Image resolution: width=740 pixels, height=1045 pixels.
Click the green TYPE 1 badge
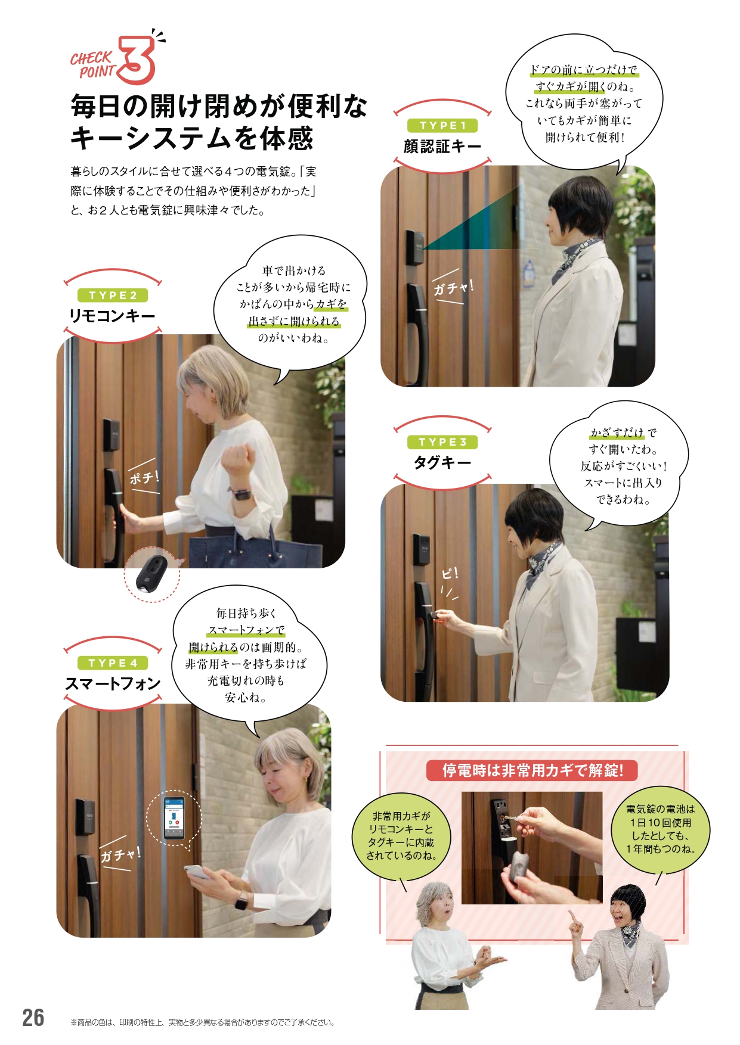tap(442, 126)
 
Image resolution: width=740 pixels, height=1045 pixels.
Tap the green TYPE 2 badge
tap(113, 296)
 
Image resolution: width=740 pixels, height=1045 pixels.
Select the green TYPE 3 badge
tap(442, 442)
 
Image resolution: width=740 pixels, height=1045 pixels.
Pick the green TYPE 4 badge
tap(113, 663)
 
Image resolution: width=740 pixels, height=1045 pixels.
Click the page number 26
tap(33, 1018)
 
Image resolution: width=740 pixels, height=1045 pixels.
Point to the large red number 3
tap(137, 60)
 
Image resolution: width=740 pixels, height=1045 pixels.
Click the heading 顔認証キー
tap(442, 146)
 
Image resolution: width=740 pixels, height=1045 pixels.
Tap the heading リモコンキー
tap(112, 316)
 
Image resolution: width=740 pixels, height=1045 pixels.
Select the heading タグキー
tap(442, 462)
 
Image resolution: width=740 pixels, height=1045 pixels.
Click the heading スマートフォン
tap(113, 683)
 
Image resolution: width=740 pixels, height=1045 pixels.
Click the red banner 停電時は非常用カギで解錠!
tap(532, 770)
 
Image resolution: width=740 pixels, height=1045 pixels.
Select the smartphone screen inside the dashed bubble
tap(174, 817)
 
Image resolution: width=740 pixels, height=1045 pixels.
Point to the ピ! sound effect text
tap(450, 574)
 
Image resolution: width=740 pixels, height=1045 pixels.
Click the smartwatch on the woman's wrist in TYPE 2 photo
tap(241, 493)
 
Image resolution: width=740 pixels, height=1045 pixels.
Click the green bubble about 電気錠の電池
tap(660, 829)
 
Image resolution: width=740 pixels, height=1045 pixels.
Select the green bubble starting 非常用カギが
tap(401, 836)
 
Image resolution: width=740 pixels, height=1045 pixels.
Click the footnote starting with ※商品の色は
tap(203, 1022)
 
